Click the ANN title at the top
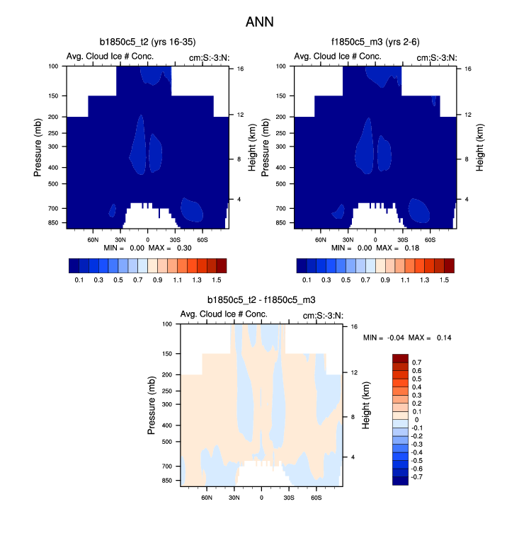pyautogui.click(x=259, y=22)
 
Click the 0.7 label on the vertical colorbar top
pyautogui.click(x=416, y=362)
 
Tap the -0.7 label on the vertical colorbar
pyautogui.click(x=418, y=477)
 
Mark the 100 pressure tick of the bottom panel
pyautogui.click(x=167, y=324)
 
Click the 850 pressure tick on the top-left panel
pyautogui.click(x=54, y=223)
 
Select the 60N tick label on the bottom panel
pyautogui.click(x=207, y=498)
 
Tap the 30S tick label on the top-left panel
pyautogui.click(x=174, y=240)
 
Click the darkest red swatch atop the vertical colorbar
pyautogui.click(x=400, y=357)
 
